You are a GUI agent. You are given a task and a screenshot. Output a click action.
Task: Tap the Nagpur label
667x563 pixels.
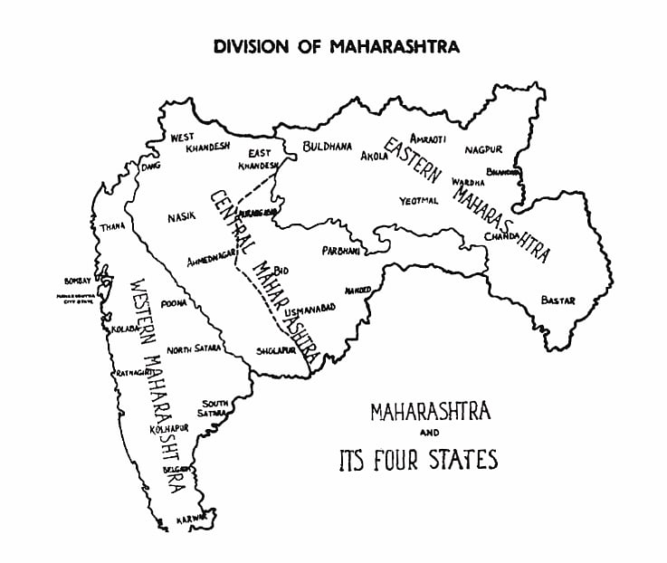point(484,149)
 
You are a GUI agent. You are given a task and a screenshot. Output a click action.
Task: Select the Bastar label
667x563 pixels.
point(557,300)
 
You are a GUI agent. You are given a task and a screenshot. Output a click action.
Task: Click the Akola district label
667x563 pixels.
point(375,156)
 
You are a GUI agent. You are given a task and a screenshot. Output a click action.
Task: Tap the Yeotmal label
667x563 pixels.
point(418,201)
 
